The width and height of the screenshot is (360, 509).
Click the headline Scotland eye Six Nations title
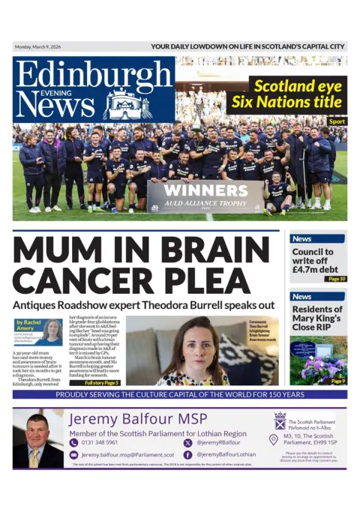296,94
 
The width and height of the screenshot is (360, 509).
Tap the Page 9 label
338,382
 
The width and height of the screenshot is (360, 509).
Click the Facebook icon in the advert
187,454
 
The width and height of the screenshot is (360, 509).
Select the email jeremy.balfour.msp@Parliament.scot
127,455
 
